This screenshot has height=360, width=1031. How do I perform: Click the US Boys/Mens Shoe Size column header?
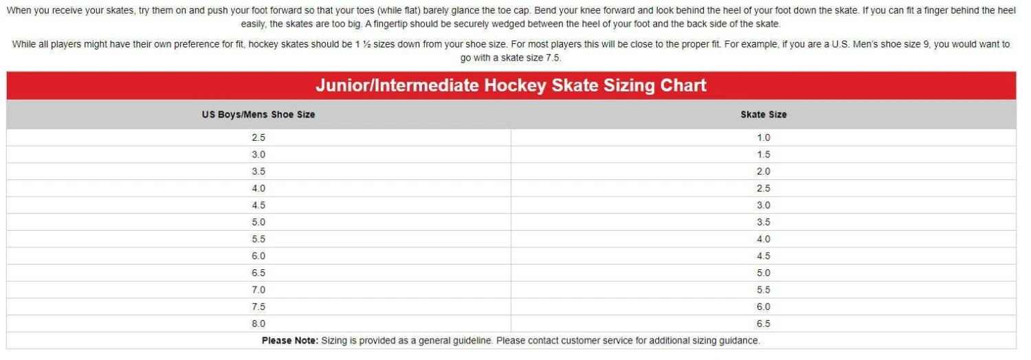258,115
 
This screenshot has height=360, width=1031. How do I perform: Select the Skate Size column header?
764,115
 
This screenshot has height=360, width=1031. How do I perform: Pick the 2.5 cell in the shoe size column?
258,137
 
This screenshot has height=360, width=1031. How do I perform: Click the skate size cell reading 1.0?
764,137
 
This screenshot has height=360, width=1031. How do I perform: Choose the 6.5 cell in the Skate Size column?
764,324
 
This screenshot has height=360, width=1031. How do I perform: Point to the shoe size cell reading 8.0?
258,324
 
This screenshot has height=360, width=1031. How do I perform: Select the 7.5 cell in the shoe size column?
258,306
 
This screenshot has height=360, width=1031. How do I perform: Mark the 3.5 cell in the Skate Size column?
764,222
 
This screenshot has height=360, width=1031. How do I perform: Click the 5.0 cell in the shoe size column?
258,222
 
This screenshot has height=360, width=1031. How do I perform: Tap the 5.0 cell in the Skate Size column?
764,273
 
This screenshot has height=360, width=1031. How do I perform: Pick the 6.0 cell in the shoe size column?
258,256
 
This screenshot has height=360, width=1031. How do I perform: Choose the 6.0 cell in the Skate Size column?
764,306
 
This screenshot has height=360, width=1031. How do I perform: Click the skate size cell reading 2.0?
764,171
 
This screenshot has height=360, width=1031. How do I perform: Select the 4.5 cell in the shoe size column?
258,205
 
